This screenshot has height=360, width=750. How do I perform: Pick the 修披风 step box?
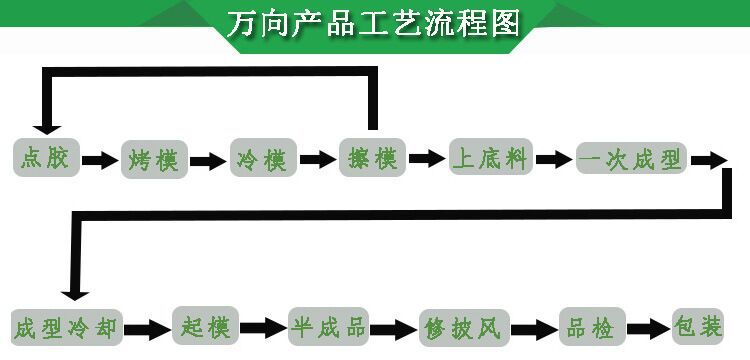click(465, 327)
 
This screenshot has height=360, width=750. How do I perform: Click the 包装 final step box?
click(698, 326)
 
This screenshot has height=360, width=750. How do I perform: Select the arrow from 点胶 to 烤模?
click(99, 159)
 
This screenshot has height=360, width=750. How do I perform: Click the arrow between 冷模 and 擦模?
click(317, 159)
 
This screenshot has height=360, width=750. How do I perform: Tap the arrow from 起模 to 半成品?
click(263, 327)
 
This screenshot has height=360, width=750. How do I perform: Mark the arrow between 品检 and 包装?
click(650, 327)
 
